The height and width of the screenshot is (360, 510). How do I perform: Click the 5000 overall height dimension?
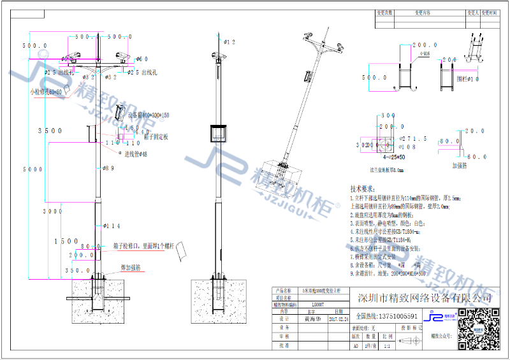[x=33, y=169]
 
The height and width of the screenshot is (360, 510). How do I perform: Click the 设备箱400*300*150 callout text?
[x=149, y=115]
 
